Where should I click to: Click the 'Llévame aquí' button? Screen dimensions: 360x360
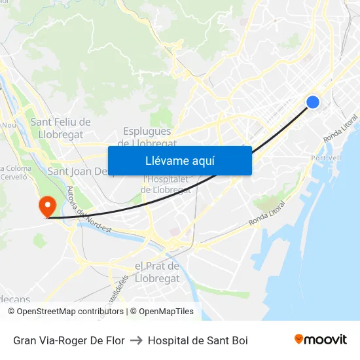[x=179, y=160]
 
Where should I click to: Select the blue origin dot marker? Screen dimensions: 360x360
[x=313, y=101]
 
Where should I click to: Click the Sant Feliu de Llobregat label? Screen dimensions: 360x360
[x=60, y=128]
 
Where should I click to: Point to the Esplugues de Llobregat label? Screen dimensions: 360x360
[x=147, y=136]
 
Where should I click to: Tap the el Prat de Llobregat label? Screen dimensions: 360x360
[x=157, y=272]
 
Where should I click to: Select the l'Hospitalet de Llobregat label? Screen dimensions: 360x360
[x=166, y=185]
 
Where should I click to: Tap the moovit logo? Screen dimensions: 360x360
[x=320, y=339]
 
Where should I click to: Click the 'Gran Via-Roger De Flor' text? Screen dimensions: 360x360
[x=69, y=340]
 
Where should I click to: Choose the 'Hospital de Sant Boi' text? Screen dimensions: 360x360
[x=198, y=340]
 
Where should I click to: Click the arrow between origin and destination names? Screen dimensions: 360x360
[x=136, y=340]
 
